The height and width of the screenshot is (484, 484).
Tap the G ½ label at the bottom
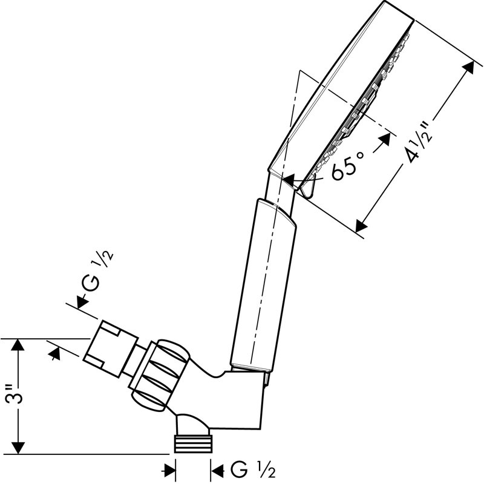[x=253, y=471]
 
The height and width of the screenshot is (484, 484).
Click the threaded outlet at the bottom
[x=194, y=443]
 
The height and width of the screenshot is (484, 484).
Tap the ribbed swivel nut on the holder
[x=160, y=376]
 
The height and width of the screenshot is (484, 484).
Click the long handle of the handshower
[x=263, y=285]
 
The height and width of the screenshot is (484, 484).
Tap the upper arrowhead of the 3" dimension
[x=18, y=345]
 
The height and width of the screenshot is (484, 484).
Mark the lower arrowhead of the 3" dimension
[x=18, y=447]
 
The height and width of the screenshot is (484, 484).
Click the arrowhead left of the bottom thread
[x=169, y=471]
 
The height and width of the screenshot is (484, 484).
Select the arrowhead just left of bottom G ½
[x=217, y=471]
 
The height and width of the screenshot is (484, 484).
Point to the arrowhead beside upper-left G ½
[x=82, y=301]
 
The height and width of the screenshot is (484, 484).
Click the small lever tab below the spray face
[x=307, y=186]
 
